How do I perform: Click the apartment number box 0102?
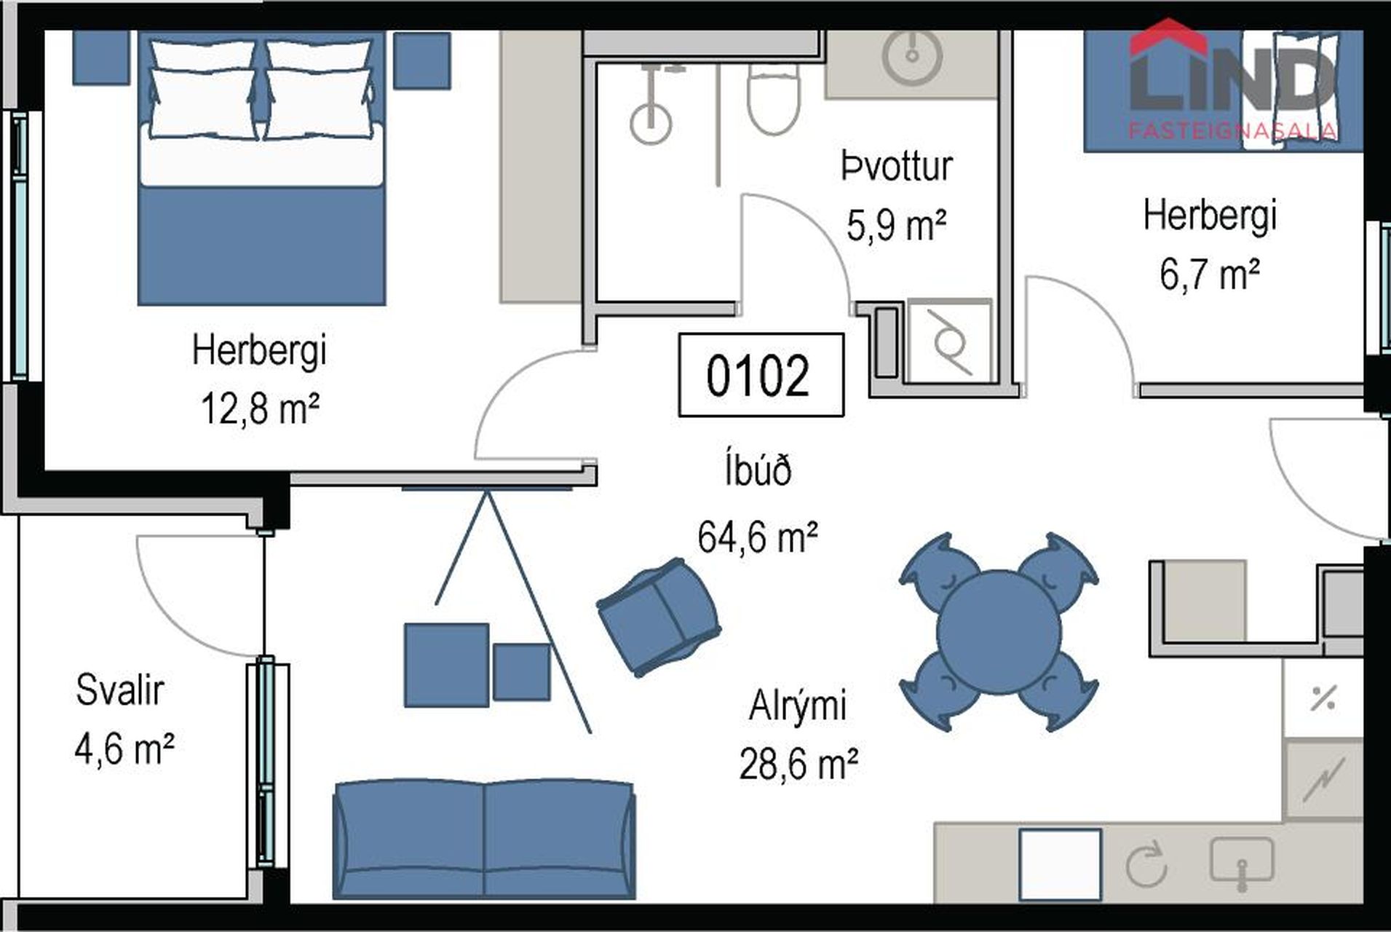point(761,375)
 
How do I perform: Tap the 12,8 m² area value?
point(260,408)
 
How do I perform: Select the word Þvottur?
point(897,166)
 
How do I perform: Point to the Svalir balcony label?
point(120,690)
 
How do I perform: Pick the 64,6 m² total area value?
point(757,537)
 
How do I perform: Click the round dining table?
point(998,632)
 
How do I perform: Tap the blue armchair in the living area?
point(659,617)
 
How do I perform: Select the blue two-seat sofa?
point(484,840)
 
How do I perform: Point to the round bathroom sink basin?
point(911,55)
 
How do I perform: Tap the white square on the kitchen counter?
point(1060,864)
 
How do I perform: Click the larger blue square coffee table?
point(446,665)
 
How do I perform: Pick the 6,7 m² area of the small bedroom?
point(1209,275)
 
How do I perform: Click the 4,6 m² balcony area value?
point(124,749)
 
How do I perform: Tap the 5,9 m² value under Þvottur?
point(896,225)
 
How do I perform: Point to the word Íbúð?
point(758,470)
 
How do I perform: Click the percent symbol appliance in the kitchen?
point(1323,698)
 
